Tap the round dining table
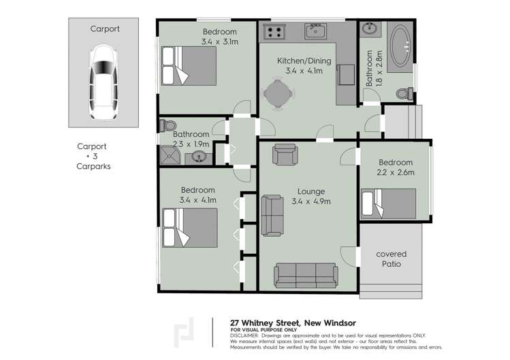pos(276,94)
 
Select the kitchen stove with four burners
pos(274,31)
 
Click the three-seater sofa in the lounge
pos(305,274)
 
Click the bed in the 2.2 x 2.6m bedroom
pos(387,203)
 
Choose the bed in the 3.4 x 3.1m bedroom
pos(188,65)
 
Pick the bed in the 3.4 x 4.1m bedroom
pos(189,227)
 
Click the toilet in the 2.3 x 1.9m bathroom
pos(168,126)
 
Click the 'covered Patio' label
pos(391,259)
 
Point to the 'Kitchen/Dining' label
pos(304,61)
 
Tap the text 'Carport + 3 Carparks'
pos(93,156)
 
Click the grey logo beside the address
pos(183,331)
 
